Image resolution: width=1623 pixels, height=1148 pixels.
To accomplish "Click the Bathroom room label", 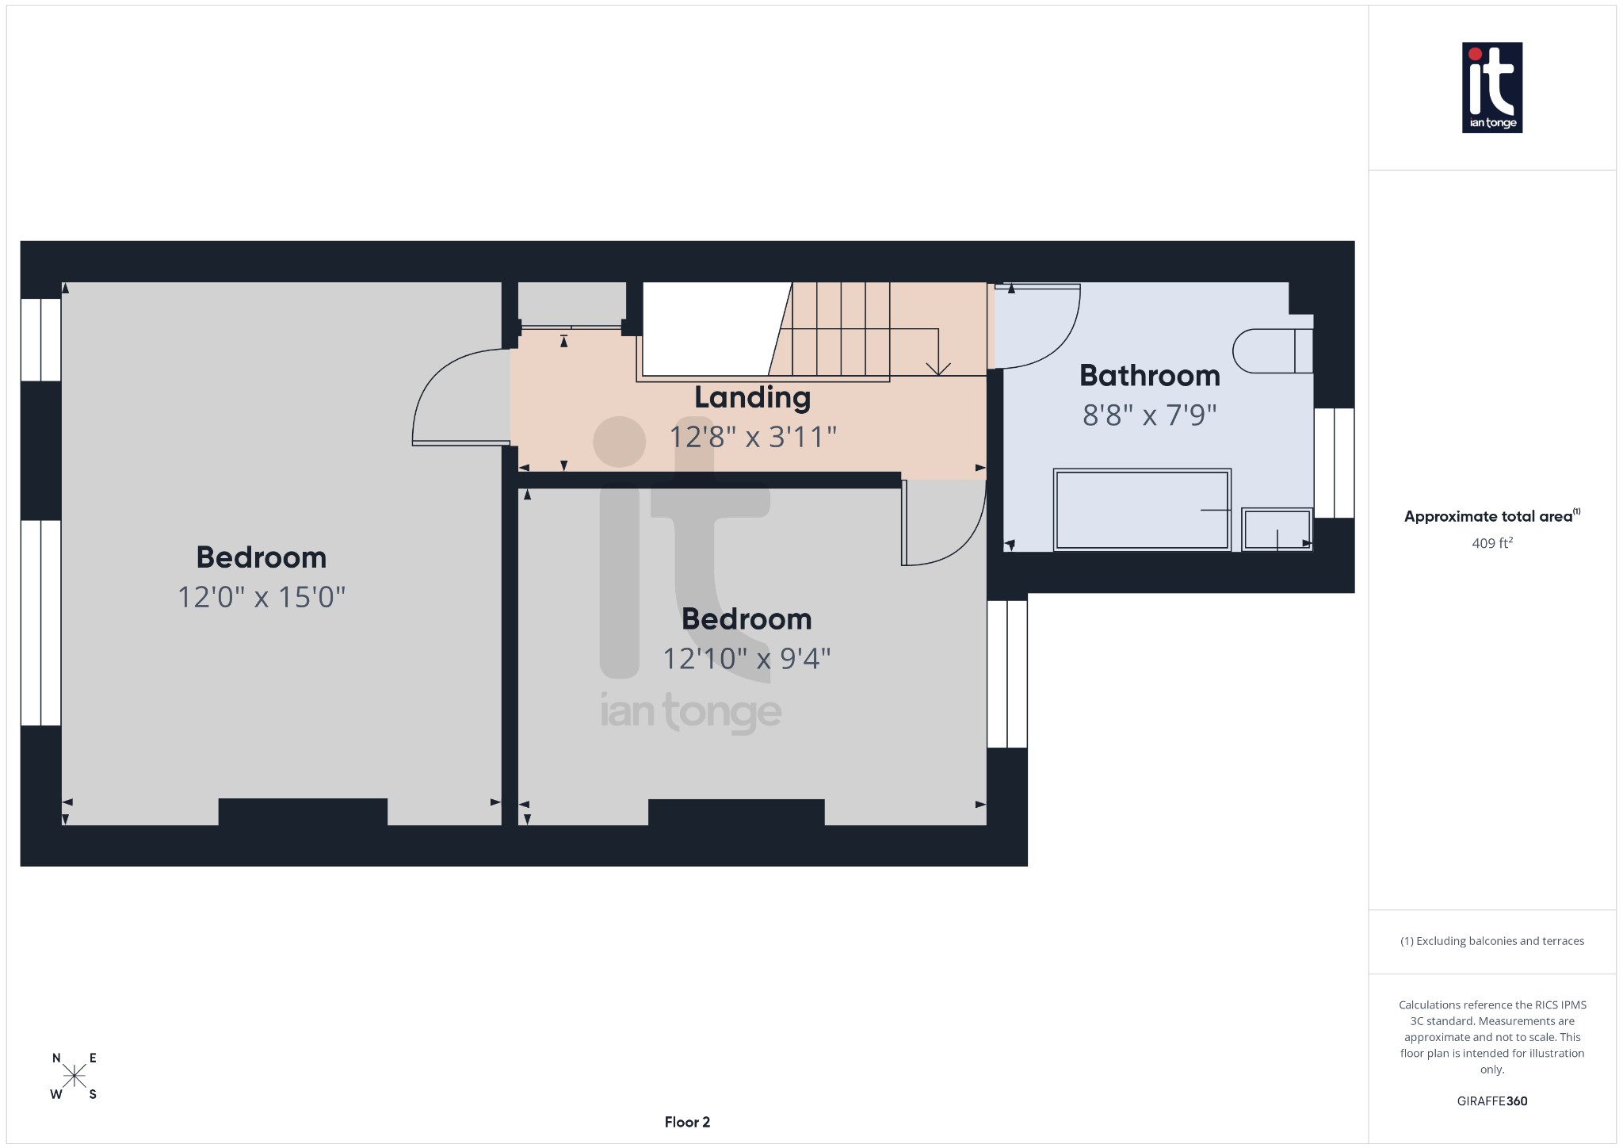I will coord(1149,376).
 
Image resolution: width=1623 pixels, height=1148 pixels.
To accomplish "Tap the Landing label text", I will coord(752,398).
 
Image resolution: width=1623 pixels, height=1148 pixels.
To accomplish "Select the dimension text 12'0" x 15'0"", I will coord(262,597).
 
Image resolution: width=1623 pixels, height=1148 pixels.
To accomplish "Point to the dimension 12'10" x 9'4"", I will coord(747,659).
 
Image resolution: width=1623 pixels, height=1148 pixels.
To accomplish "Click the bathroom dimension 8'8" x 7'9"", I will coord(1149,415).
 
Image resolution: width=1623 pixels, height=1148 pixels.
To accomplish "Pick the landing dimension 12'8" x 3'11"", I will coord(753,437).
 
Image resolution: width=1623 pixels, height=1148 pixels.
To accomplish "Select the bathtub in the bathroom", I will coord(1141,510).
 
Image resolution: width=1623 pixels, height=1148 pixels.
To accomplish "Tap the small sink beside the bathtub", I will coord(1276,529).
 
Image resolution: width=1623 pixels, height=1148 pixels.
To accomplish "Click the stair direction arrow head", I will coord(938,369).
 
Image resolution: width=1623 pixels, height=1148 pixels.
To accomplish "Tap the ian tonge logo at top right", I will coord(1491,87).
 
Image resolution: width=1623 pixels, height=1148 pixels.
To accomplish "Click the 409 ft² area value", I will coord(1491,543).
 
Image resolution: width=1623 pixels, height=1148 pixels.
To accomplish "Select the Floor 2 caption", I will coord(687,1122).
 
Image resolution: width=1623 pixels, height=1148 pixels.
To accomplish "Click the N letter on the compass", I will coord(56,1058).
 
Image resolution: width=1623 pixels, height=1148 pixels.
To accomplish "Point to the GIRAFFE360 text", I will coord(1491,1101).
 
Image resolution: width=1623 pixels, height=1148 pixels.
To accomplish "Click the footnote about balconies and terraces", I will coord(1491,941).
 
